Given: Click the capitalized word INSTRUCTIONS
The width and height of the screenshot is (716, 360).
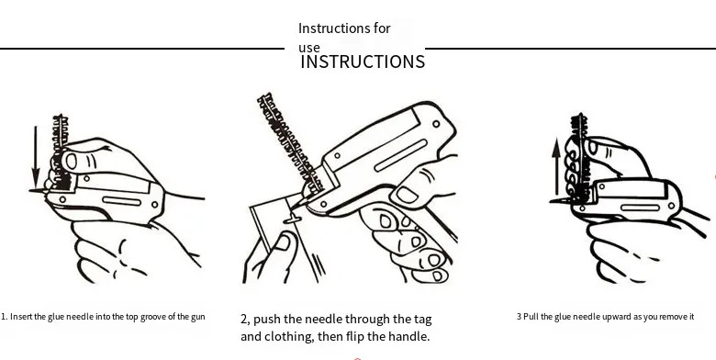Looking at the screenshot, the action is tap(363, 62).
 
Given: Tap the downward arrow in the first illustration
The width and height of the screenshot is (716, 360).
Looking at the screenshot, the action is tap(36, 157).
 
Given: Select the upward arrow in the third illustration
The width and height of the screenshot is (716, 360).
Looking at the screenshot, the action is tap(556, 168).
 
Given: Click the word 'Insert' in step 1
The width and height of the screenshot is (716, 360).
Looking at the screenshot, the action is tap(21, 317).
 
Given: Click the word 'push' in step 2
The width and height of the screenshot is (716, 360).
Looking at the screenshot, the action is tap(266, 319).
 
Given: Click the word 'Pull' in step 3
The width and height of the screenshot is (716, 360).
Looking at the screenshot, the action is tap(531, 316).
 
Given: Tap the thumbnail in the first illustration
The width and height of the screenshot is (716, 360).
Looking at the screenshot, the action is tap(72, 162).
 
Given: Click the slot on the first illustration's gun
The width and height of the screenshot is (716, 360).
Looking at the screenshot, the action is tap(121, 201).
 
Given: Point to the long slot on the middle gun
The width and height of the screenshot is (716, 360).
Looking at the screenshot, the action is tap(400, 156).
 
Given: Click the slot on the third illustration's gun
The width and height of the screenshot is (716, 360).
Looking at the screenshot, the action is tap(640, 208).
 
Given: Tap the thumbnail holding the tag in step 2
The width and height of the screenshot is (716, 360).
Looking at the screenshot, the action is tap(283, 242).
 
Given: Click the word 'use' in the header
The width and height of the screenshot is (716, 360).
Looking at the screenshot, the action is tap(309, 48).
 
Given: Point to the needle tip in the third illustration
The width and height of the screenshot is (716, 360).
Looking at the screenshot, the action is tap(553, 200).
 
